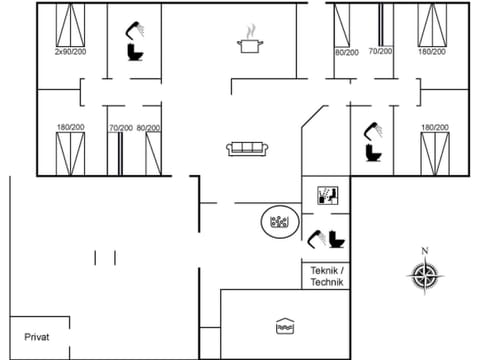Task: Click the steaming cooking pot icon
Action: coord(248,41)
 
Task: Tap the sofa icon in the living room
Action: coord(246,149)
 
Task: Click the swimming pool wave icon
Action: coord(284,326)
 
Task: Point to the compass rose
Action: coord(424,274)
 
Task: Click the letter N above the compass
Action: coord(424,251)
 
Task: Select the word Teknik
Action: coord(327,271)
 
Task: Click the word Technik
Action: coord(327,283)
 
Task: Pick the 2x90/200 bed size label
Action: coord(70,51)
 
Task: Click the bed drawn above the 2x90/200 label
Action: coord(70,23)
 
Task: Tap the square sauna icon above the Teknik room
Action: coord(327,194)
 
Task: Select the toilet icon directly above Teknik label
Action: coord(336,240)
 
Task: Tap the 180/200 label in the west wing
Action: coord(69,127)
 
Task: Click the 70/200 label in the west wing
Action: coord(120,127)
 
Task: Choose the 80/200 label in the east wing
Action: coord(346,51)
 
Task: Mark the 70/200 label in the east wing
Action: coord(380,51)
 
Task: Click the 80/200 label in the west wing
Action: coord(148,127)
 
